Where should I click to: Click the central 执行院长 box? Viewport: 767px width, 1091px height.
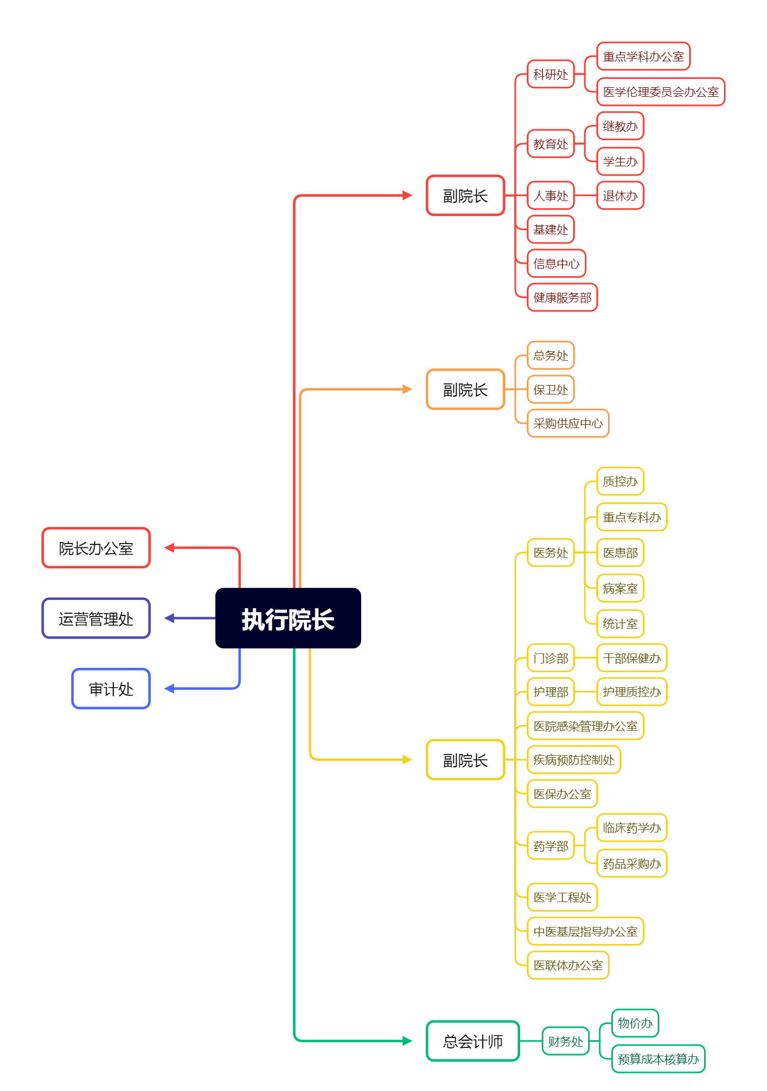click(x=288, y=618)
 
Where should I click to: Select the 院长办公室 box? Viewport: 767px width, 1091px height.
click(x=96, y=548)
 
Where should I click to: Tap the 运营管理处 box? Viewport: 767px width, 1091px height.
click(x=96, y=618)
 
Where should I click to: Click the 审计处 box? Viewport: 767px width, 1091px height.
click(x=111, y=688)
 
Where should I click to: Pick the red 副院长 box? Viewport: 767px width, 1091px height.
click(x=465, y=196)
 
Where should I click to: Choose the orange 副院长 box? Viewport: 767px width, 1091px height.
click(x=465, y=389)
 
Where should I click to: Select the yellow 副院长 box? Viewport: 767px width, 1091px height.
click(x=465, y=760)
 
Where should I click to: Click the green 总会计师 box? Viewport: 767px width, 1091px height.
click(x=473, y=1041)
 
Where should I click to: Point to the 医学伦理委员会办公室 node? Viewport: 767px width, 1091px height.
click(x=660, y=92)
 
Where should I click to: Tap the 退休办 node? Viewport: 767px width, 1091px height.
click(x=620, y=196)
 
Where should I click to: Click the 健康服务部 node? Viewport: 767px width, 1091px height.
click(x=562, y=298)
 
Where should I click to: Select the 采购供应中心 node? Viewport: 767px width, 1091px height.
click(x=568, y=423)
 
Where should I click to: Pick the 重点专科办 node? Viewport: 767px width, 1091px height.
click(x=632, y=517)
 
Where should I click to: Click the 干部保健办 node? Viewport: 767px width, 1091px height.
click(x=632, y=658)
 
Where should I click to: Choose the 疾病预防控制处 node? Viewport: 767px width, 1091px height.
click(x=574, y=760)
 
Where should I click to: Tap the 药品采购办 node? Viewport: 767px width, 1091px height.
click(x=632, y=863)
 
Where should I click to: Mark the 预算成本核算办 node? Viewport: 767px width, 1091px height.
click(x=658, y=1059)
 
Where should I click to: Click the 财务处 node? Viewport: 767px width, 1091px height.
click(x=565, y=1041)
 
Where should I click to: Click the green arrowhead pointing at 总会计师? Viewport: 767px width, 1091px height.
click(x=408, y=1041)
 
